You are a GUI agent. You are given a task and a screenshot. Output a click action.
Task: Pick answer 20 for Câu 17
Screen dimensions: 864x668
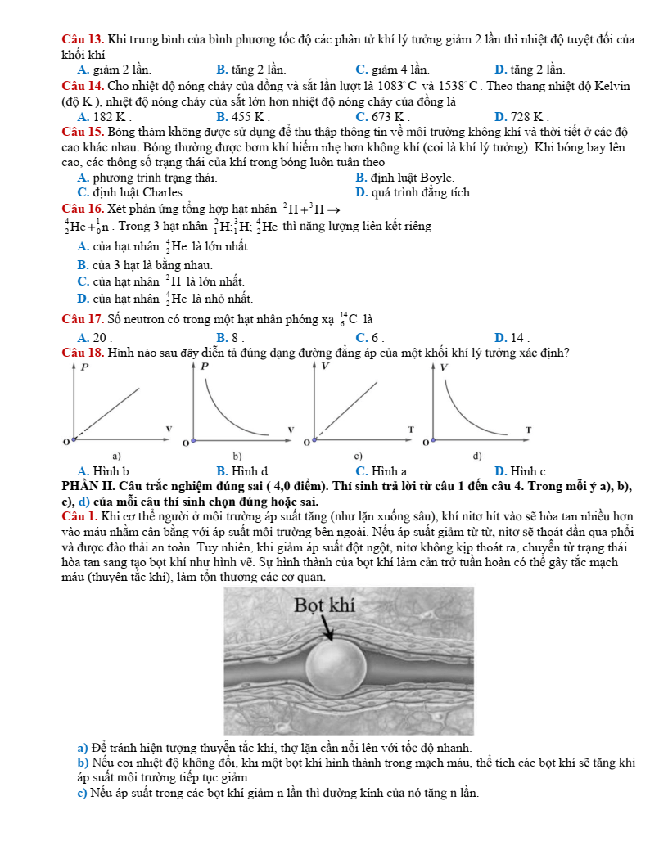tap(93, 337)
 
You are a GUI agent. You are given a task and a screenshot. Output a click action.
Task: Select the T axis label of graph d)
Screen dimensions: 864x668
tap(529, 429)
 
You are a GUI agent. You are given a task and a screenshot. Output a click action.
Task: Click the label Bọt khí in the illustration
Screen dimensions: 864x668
tap(323, 605)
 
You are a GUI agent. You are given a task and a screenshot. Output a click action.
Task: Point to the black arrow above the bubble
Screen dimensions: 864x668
tap(330, 631)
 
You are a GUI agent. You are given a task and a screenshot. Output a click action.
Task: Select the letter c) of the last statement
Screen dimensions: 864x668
tap(82, 792)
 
